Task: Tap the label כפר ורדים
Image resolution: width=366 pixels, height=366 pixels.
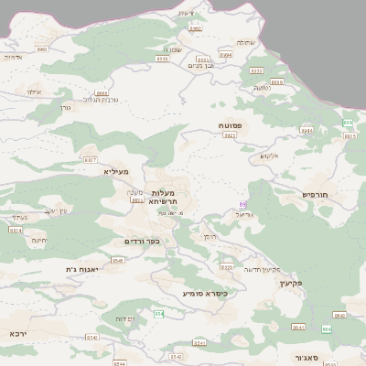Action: tap(142, 242)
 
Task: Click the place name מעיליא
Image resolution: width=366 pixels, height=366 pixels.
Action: tap(116, 171)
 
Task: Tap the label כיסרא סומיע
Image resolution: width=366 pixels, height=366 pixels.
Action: tap(205, 294)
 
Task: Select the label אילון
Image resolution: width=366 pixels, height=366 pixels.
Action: tap(33, 91)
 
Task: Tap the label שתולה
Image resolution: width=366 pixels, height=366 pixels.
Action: tap(246, 42)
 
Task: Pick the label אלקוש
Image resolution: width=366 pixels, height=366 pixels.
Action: tap(268, 156)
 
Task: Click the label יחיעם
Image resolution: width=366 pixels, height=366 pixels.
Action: tap(38, 240)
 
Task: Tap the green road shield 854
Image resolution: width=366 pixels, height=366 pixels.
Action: tap(158, 314)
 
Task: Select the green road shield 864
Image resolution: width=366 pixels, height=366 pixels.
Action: tap(327, 328)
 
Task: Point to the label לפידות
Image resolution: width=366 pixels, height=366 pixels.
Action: tap(125, 318)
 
